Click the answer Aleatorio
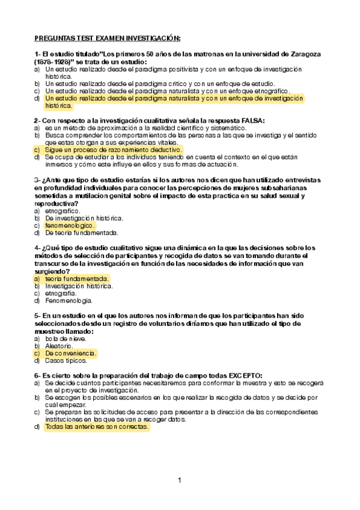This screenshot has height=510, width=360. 59,346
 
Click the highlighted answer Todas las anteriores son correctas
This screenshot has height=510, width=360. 96,426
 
